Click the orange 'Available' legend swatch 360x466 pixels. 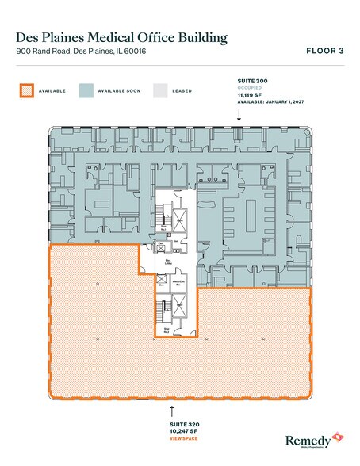click(x=28, y=90)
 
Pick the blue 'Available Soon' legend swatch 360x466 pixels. click(x=86, y=90)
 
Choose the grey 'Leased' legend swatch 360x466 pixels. click(x=161, y=90)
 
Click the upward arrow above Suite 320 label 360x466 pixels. click(x=172, y=411)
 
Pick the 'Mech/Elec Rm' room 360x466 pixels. click(x=168, y=280)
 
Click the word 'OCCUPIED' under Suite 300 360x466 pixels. click(x=250, y=88)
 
